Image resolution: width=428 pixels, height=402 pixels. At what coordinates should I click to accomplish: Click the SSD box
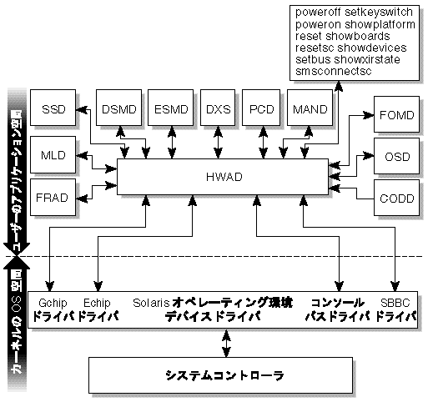(53, 110)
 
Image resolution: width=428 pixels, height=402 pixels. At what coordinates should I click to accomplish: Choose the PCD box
(263, 109)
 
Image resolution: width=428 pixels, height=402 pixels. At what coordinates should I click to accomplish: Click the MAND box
(311, 109)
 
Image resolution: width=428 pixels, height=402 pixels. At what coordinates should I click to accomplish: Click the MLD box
(53, 154)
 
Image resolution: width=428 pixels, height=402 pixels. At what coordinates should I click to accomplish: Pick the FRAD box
(53, 197)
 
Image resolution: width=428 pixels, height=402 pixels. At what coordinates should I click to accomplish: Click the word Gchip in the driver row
(53, 302)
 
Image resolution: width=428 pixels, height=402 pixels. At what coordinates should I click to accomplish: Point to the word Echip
(98, 302)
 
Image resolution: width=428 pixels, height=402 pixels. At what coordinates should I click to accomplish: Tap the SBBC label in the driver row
(390, 302)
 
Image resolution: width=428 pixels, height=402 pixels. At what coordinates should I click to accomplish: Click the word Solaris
(152, 302)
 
